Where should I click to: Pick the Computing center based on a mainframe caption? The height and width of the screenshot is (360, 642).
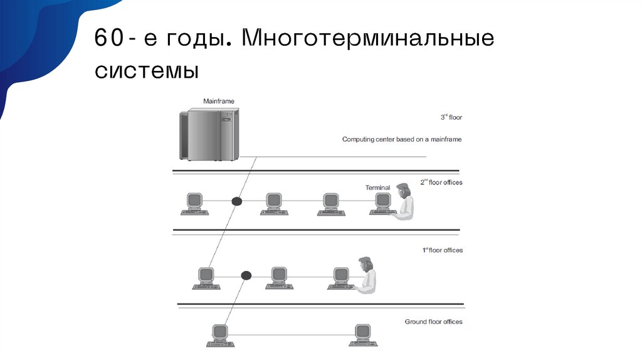coord(401,139)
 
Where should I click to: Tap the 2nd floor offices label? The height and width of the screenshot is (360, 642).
coord(441,183)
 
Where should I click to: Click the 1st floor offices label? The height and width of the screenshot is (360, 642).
coord(442,250)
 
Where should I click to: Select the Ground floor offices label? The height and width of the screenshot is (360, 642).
coord(433,322)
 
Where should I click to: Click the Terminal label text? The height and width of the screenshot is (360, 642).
coord(377,188)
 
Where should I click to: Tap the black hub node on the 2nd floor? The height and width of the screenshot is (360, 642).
coord(236,201)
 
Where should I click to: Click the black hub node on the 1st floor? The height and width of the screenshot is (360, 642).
coord(246,275)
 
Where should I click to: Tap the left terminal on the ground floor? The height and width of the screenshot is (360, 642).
coord(219,334)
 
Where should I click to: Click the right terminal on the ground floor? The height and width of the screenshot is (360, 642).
coord(361,334)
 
